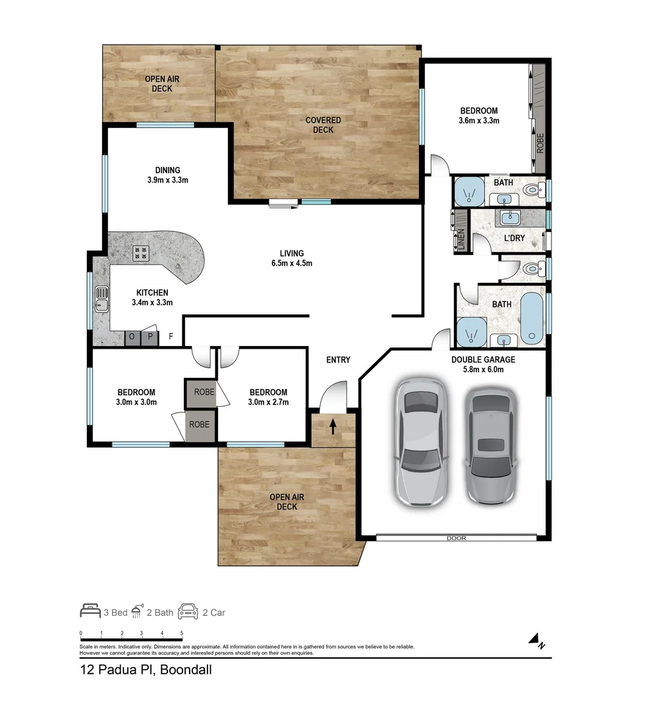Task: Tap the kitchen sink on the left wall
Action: (101, 297)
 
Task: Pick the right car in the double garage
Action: (492, 445)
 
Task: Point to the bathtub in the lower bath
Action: (532, 318)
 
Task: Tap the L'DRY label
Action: (514, 237)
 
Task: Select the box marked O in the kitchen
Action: (132, 338)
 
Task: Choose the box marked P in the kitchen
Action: (150, 338)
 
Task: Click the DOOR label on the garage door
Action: (456, 538)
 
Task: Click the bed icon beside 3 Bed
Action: (90, 611)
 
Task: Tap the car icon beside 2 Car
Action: (188, 611)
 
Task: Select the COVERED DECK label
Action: (323, 125)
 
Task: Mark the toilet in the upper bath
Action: (532, 191)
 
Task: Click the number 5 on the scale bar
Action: (181, 633)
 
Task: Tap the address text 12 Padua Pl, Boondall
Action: (141, 670)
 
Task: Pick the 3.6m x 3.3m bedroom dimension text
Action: (478, 121)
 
